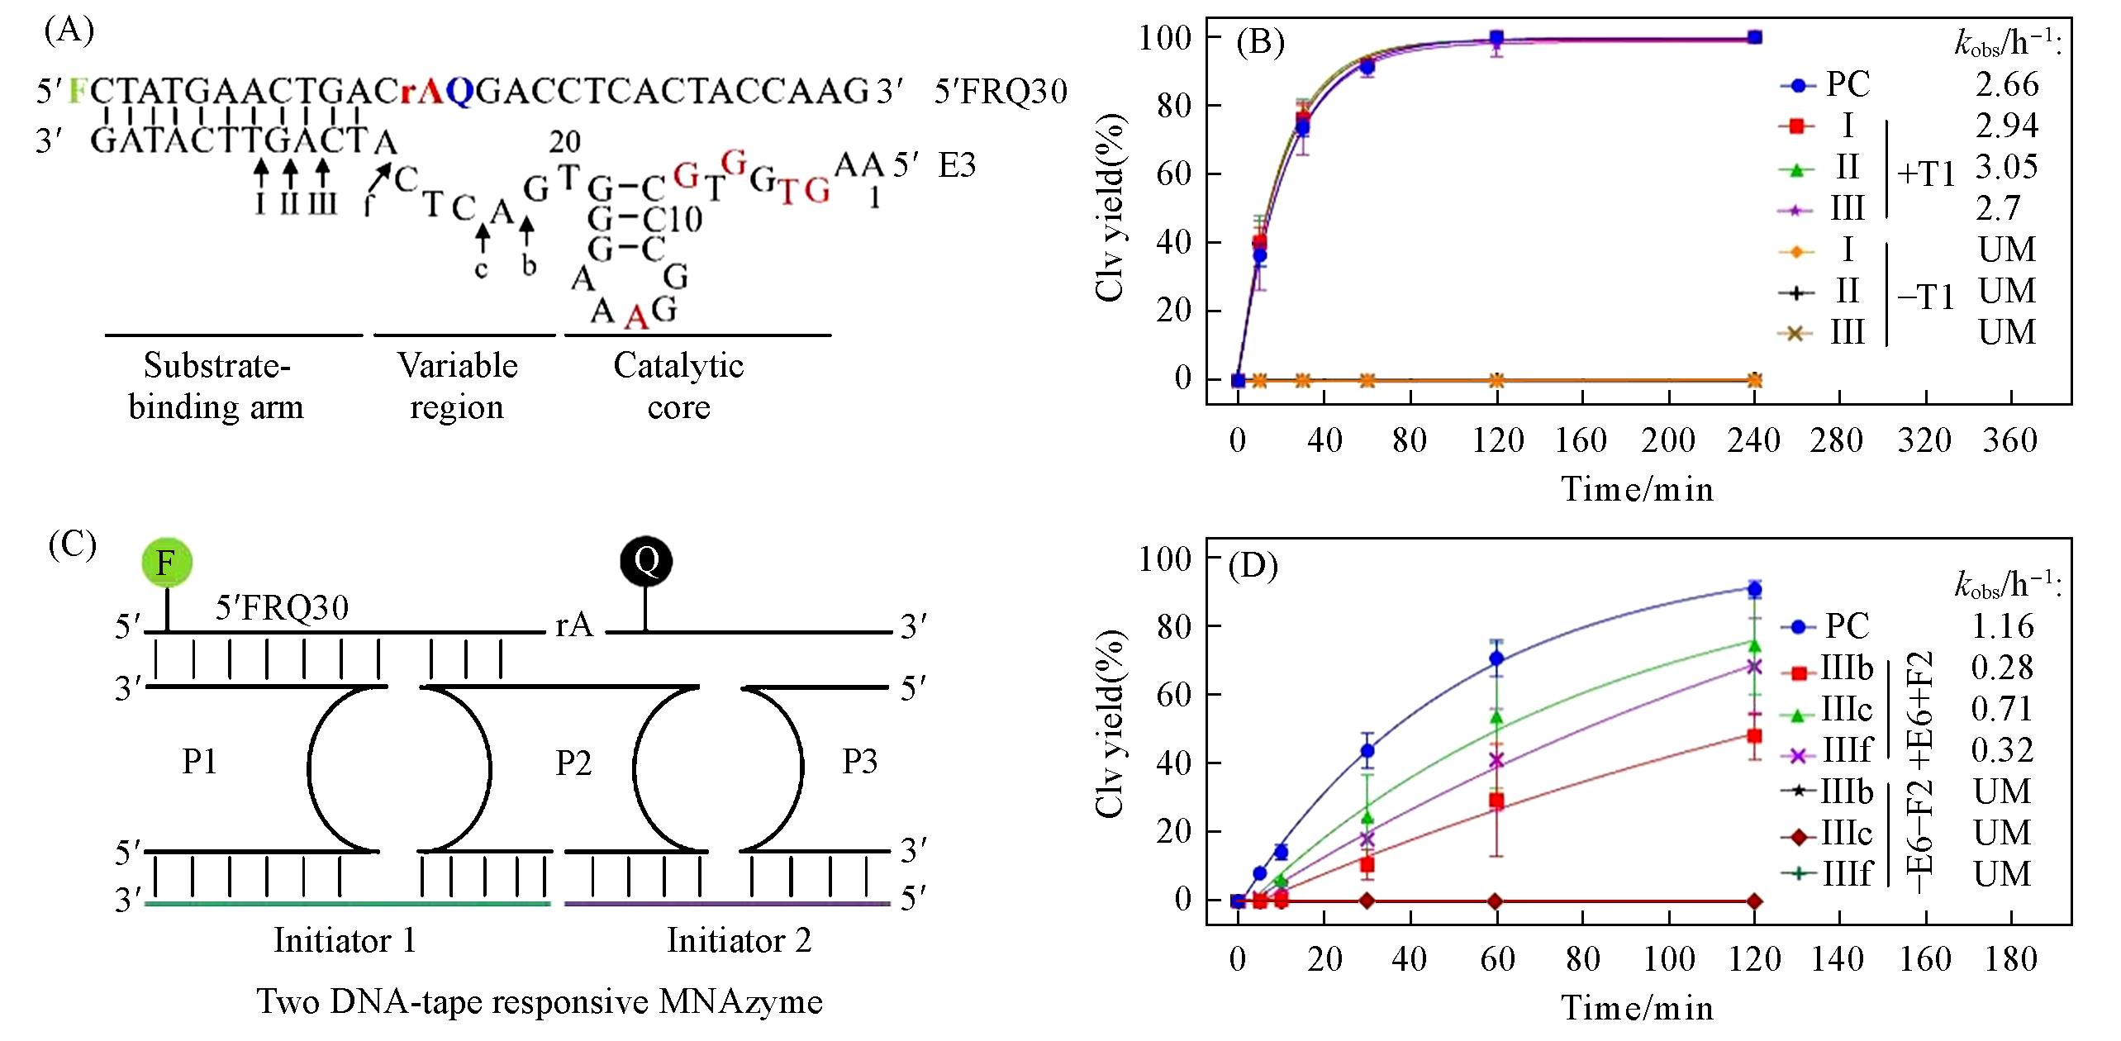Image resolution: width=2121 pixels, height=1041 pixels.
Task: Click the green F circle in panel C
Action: [x=166, y=563]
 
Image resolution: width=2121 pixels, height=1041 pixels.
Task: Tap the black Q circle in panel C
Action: [x=645, y=562]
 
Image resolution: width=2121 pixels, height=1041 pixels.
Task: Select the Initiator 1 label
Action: [x=345, y=940]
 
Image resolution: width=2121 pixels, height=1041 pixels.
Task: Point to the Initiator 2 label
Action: [x=739, y=940]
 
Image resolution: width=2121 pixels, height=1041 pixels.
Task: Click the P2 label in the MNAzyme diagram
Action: [x=573, y=763]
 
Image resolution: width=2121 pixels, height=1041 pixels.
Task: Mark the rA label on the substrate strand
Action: [x=574, y=625]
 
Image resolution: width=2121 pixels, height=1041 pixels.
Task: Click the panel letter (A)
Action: [x=69, y=31]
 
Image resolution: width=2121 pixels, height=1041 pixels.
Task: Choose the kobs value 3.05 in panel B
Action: [x=2006, y=167]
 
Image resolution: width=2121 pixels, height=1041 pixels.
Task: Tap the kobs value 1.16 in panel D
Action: [x=2003, y=626]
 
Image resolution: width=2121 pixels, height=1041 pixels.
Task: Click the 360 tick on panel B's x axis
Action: [x=2009, y=440]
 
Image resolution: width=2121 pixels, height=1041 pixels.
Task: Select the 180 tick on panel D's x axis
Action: [x=2009, y=958]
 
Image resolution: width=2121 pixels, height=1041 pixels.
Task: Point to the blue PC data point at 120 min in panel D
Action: [x=1754, y=589]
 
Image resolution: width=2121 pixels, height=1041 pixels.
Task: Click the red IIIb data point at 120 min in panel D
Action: [x=1754, y=735]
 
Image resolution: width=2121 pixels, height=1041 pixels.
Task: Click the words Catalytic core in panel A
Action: [x=678, y=386]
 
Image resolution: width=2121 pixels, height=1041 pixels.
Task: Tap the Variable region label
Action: [x=457, y=386]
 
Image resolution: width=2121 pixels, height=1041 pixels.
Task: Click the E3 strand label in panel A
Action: [x=957, y=165]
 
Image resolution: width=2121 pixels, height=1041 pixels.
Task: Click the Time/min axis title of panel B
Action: [x=1637, y=489]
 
